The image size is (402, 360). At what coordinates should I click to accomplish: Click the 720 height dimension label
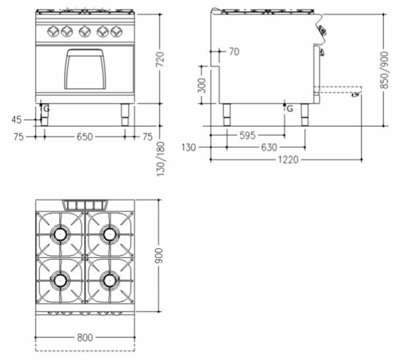[160, 59]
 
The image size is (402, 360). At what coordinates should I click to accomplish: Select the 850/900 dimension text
[385, 70]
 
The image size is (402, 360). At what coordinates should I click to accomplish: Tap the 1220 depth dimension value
[289, 160]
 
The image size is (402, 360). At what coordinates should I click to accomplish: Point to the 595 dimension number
[247, 135]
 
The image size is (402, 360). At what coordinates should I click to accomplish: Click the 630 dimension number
[269, 148]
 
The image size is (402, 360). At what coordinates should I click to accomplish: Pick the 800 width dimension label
[85, 338]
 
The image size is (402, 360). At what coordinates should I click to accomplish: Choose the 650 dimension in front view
[84, 137]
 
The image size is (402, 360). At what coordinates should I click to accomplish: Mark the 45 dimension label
[17, 120]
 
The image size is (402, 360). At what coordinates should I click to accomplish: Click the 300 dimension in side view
[202, 86]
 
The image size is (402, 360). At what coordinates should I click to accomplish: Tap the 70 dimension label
[234, 52]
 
